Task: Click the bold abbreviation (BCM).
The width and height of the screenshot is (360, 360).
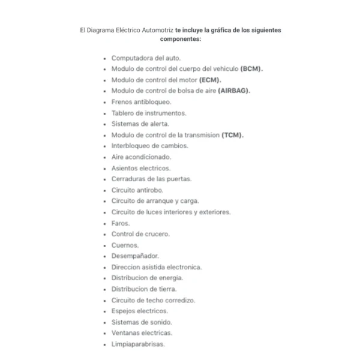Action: (x=251, y=69)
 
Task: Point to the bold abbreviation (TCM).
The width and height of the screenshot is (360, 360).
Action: (x=233, y=135)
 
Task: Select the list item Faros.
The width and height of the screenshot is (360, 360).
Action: (x=121, y=223)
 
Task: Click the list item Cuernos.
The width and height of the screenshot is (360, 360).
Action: (x=125, y=245)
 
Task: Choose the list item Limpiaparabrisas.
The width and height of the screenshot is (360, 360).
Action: (x=138, y=344)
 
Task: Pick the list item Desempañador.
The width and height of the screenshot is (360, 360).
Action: (x=135, y=256)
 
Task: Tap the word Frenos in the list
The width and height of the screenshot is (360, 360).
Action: (x=122, y=102)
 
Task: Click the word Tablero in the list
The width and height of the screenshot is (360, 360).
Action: (x=123, y=113)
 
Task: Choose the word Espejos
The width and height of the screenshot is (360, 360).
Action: (x=124, y=311)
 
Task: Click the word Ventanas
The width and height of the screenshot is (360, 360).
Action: (x=126, y=333)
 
